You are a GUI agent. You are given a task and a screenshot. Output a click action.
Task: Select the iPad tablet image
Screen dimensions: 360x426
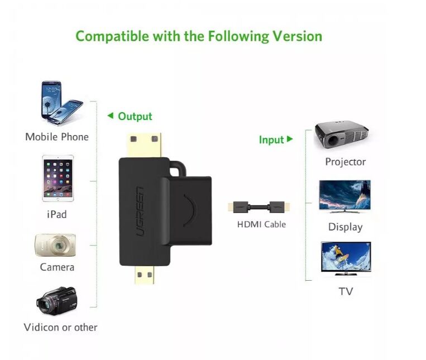tap(58, 178)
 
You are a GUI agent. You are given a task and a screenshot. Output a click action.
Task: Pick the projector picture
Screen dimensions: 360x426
tap(341, 135)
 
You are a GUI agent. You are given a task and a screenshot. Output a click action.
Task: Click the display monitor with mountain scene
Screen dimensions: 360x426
tap(344, 195)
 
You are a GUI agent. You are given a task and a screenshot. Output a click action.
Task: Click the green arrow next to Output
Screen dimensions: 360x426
tap(110, 116)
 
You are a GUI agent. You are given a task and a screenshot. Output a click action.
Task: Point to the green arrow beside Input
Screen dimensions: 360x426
tap(290, 139)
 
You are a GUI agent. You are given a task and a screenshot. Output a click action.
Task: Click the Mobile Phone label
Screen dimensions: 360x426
tap(57, 137)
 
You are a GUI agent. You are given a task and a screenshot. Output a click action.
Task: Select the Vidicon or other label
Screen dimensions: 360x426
tap(60, 327)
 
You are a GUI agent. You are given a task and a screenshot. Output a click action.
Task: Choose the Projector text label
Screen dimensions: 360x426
tap(345, 162)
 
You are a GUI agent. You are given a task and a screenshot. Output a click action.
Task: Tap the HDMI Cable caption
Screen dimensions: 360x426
tap(261, 224)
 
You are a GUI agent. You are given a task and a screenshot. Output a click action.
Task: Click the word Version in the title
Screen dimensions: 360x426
tap(297, 37)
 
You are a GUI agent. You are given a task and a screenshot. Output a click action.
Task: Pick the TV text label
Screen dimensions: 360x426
tap(346, 291)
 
